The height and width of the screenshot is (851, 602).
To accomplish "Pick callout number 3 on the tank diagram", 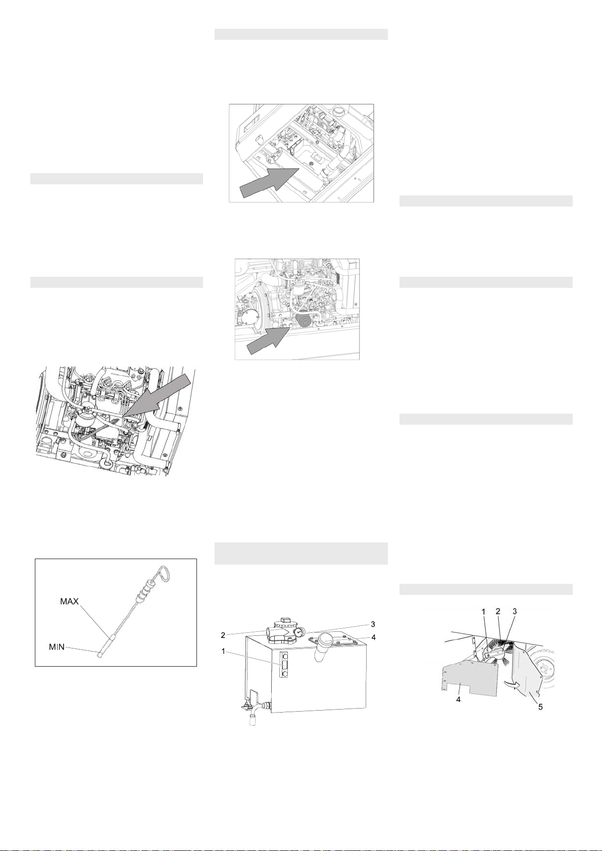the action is pos(373,624).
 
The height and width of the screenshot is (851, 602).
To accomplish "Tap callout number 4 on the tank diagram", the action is pos(373,637).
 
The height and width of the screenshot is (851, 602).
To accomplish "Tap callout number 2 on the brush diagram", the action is pos(498,611).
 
